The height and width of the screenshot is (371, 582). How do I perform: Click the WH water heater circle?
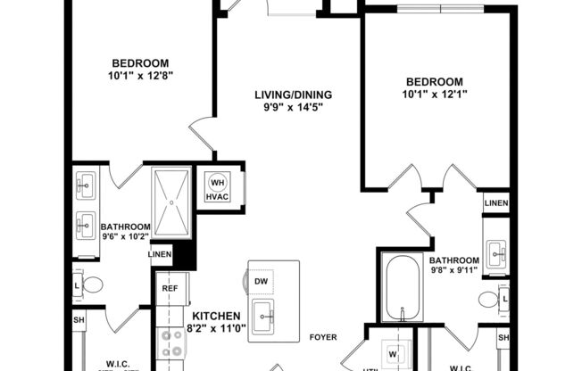(x=218, y=183)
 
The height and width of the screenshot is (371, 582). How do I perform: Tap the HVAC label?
(x=218, y=197)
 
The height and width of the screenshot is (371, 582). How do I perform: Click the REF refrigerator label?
(x=169, y=288)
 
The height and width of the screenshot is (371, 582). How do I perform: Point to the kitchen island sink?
(x=262, y=312)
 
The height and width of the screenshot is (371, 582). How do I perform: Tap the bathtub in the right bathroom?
(x=404, y=287)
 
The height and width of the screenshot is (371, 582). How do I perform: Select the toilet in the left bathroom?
(x=93, y=285)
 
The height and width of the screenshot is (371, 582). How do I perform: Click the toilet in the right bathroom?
(x=489, y=298)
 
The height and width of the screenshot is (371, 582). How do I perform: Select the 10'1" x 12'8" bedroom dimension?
(x=141, y=76)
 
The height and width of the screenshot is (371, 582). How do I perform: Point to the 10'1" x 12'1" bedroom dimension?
(x=435, y=95)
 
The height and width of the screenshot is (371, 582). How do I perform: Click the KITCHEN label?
(x=215, y=316)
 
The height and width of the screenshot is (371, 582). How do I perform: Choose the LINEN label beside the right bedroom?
(x=496, y=203)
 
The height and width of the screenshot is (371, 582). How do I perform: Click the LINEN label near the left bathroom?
(x=162, y=255)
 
